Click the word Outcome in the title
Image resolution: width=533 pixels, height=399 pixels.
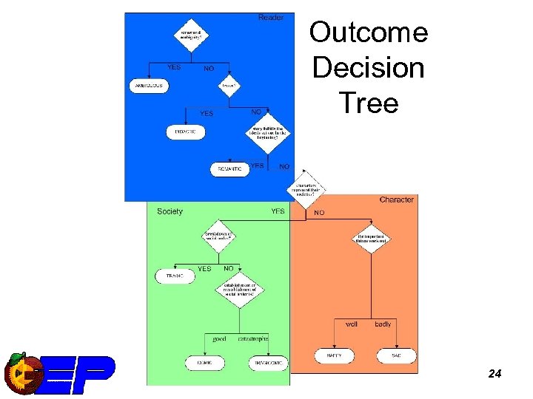(368, 33)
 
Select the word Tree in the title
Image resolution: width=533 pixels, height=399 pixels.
(369, 103)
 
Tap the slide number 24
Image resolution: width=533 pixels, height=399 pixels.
(495, 374)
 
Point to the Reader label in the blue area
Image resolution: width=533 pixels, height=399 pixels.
(270, 17)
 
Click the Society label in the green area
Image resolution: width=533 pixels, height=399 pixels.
(170, 211)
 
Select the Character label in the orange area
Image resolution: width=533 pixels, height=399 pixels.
(396, 199)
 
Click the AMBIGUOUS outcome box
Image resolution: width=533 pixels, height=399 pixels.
(149, 86)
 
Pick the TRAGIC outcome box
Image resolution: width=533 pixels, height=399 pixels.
(175, 276)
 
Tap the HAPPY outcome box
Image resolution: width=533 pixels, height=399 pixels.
(334, 356)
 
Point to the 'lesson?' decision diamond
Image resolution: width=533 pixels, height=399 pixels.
(229, 85)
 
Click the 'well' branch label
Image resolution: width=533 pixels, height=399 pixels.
(352, 324)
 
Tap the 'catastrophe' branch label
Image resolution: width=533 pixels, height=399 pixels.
(253, 338)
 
